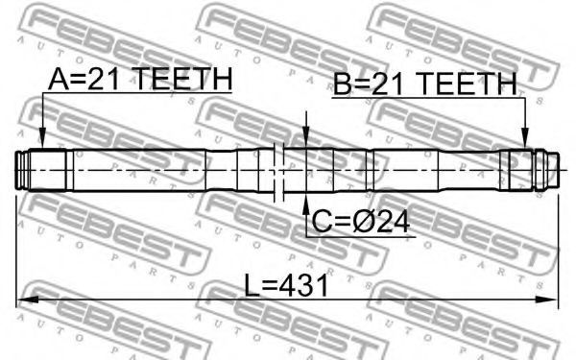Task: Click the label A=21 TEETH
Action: (140, 79)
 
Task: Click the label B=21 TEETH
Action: (425, 84)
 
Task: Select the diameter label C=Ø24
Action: (360, 222)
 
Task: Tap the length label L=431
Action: (286, 286)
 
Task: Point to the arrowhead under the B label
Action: (525, 138)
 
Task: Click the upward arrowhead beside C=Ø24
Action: (306, 204)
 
